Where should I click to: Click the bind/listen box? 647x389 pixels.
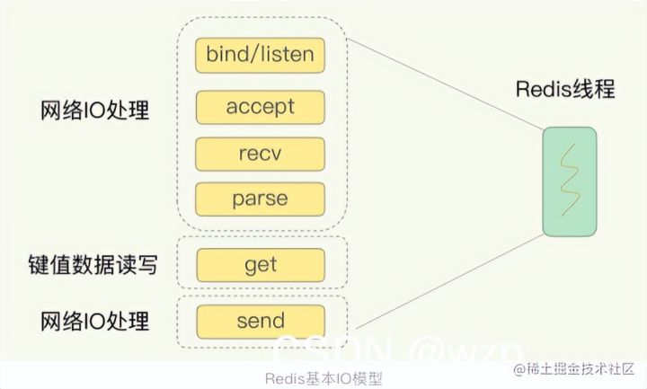click(260, 56)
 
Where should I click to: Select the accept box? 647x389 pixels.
click(260, 108)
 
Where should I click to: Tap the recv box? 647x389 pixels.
click(260, 153)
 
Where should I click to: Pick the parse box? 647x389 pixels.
click(260, 197)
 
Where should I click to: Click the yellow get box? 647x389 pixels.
click(260, 265)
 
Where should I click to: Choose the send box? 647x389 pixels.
click(260, 320)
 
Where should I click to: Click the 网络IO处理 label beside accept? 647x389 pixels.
click(95, 114)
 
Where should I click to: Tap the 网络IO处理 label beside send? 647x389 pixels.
click(95, 322)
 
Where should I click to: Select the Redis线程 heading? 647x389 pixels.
click(566, 90)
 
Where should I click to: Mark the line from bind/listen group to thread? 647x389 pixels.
click(440, 85)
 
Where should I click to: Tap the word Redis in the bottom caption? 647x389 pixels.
click(287, 377)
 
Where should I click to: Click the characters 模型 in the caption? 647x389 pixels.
click(367, 377)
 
